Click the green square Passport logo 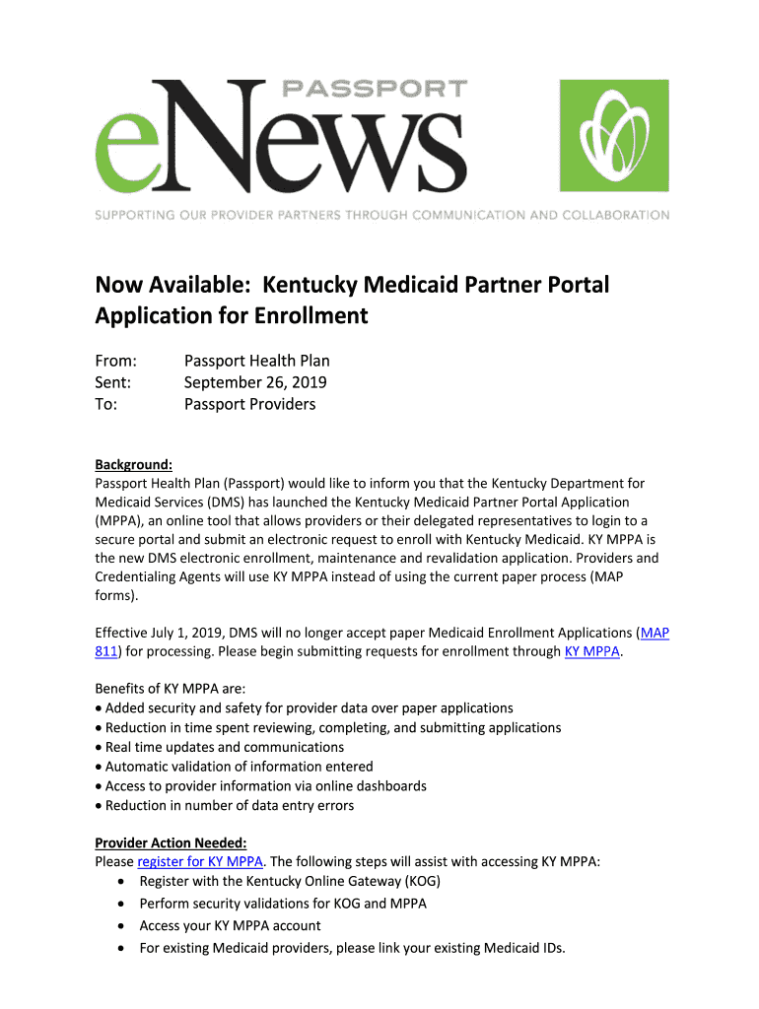(614, 135)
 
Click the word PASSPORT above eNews (375, 89)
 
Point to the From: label (115, 361)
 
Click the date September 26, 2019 (255, 382)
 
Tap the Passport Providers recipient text (249, 404)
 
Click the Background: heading (134, 464)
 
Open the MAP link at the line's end (655, 633)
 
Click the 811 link (105, 651)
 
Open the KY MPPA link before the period (591, 651)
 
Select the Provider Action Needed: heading (171, 842)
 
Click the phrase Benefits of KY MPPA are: (170, 689)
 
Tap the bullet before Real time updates (99, 748)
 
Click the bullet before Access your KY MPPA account (120, 926)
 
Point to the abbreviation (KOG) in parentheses (420, 881)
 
